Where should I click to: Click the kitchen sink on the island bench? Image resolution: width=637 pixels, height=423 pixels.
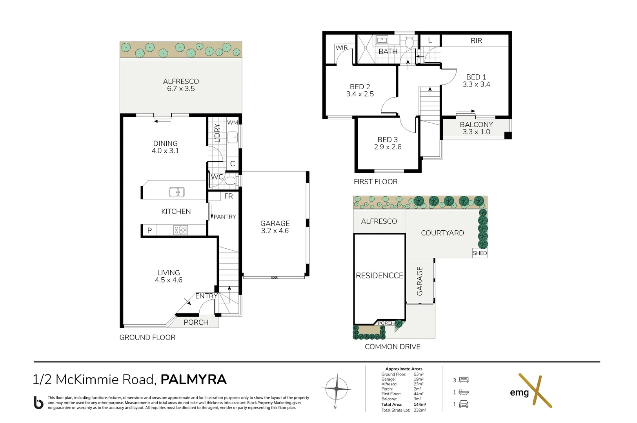[x=177, y=192]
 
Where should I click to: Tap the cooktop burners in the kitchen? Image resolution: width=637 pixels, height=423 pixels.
[x=180, y=230]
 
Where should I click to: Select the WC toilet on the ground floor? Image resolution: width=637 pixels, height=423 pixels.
[x=231, y=181]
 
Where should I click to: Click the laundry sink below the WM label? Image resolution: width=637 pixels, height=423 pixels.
[x=233, y=137]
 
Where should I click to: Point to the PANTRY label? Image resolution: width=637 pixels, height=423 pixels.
[x=225, y=217]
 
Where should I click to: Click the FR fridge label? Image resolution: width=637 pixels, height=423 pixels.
[x=229, y=196]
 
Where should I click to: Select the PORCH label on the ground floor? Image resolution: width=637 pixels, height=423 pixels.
[x=196, y=322]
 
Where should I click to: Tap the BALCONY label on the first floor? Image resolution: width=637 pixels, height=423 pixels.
[x=476, y=124]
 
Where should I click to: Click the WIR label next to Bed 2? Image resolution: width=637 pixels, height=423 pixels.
[x=342, y=48]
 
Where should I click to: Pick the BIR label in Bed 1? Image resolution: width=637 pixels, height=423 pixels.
[x=476, y=41]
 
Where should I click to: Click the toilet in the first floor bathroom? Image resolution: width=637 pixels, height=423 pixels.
[x=409, y=42]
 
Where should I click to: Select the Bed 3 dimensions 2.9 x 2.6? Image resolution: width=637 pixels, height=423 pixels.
[x=388, y=147]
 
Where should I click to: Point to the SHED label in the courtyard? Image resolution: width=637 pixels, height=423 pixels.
[x=480, y=253]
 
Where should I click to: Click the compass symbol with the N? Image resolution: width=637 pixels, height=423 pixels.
[x=337, y=389]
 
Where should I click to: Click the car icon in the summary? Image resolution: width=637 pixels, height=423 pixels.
[x=464, y=404]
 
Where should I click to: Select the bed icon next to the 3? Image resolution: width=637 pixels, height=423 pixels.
[x=464, y=380]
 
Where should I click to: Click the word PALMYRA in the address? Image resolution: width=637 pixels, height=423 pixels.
[x=194, y=380]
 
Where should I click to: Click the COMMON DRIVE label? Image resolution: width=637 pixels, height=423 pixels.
[x=392, y=347]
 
